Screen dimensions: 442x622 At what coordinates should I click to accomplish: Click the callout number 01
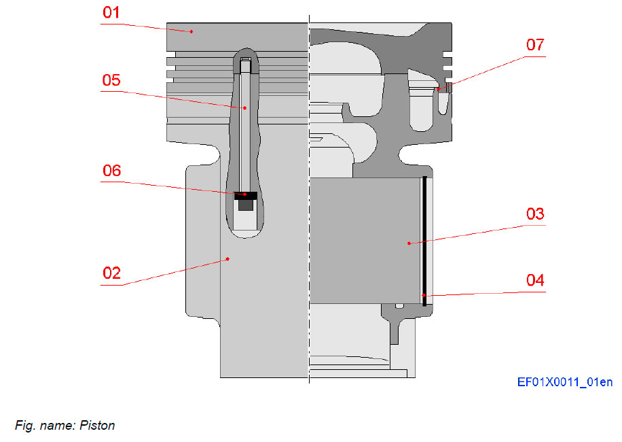tap(111, 12)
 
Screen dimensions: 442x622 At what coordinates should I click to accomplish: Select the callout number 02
tap(111, 273)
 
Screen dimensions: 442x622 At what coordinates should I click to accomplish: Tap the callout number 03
tap(535, 214)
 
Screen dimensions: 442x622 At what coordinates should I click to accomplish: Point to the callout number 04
tap(535, 279)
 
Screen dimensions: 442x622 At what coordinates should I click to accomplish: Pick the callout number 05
tap(111, 80)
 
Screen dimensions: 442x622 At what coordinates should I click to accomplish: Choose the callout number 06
tap(111, 171)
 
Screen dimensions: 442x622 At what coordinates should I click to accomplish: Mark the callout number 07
tap(535, 45)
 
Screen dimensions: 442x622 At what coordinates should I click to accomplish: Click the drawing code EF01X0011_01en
tap(564, 383)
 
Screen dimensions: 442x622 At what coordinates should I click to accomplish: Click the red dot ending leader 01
tap(191, 31)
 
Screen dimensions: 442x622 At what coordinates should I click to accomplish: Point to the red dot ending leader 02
tap(228, 258)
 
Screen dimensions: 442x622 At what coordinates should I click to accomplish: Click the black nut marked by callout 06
tap(245, 195)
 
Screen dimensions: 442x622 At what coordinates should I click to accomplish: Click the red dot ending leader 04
tap(424, 295)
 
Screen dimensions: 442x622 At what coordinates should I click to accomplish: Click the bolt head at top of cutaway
tap(245, 65)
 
